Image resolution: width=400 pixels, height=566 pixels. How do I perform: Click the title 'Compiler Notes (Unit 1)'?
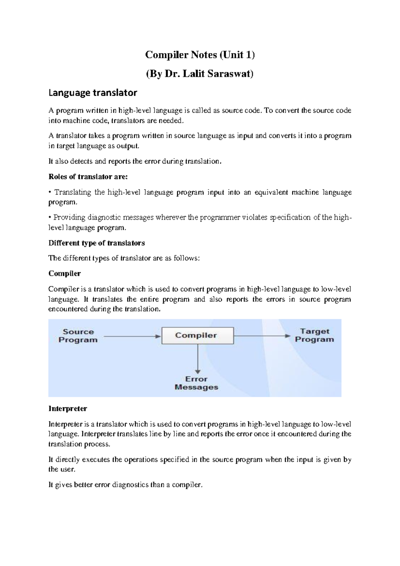point(200,55)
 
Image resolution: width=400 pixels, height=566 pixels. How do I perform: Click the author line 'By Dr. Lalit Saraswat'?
point(200,74)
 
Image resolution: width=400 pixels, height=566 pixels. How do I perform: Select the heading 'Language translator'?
point(93,93)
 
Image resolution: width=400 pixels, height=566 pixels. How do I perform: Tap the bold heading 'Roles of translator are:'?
point(88,177)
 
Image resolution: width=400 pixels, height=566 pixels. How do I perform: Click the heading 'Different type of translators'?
point(96,243)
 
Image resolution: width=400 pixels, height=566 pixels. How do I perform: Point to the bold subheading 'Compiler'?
point(65,274)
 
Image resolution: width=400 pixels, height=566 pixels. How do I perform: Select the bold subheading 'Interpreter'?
point(68,409)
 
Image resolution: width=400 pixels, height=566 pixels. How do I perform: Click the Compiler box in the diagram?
point(197,335)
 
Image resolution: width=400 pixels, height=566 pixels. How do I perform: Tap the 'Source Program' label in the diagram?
point(78,336)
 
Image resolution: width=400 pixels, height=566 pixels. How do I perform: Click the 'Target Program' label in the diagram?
point(314,335)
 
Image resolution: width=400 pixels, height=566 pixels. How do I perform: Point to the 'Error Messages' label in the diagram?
point(196,383)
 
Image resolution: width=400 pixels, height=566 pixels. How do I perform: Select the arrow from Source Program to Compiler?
point(132,336)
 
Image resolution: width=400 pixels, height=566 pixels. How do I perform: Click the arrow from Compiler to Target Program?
point(262,336)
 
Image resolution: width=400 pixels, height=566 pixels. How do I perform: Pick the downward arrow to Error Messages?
point(198,359)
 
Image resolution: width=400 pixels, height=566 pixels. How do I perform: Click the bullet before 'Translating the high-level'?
point(50,193)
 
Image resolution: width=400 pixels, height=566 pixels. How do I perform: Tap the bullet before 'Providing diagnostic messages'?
point(50,218)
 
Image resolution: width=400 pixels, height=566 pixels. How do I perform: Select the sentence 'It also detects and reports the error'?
point(135,162)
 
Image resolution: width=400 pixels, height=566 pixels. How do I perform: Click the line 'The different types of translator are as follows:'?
point(124,258)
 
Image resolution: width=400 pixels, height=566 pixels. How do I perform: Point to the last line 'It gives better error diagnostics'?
point(125,485)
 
